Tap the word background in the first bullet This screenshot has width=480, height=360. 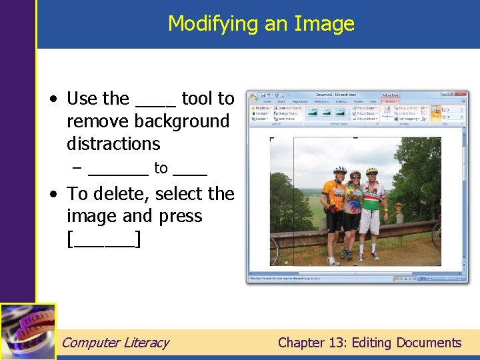pyautogui.click(x=181, y=121)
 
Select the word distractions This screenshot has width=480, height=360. pyautogui.click(x=113, y=144)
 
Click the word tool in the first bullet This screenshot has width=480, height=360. pyautogui.click(x=197, y=99)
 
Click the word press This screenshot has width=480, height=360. pyautogui.click(x=180, y=217)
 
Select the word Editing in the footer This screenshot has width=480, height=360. pyautogui.click(x=370, y=343)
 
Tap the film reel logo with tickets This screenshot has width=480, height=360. pyautogui.click(x=27, y=331)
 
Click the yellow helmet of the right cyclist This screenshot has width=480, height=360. pyautogui.click(x=372, y=171)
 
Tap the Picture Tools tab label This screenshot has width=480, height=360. pyautogui.click(x=391, y=95)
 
